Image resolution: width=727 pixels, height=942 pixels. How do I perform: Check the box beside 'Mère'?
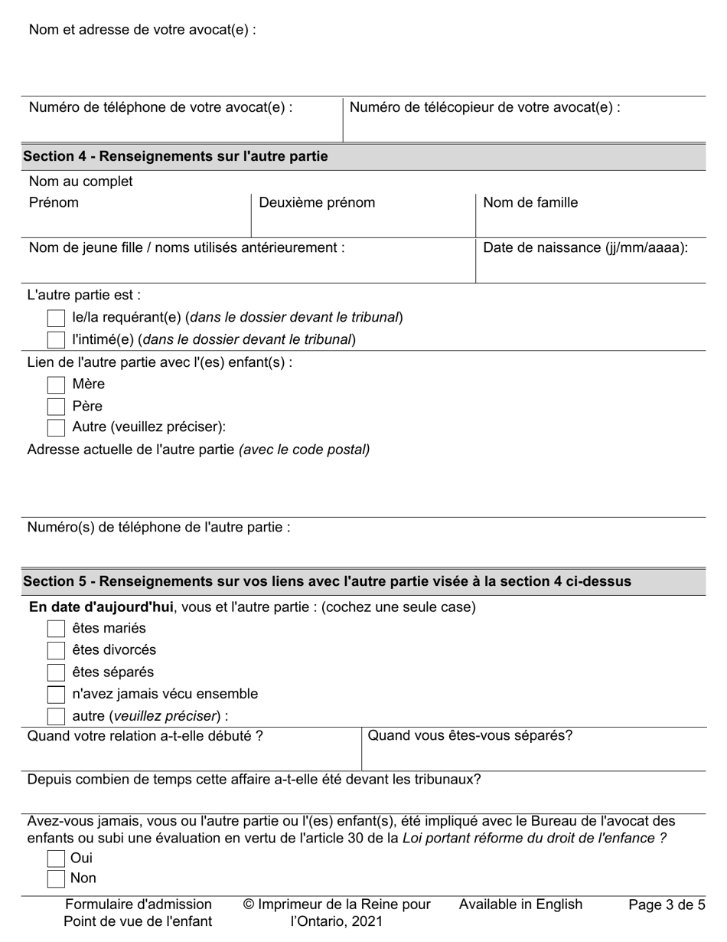56,384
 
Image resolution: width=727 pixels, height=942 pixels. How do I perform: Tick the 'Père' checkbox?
56,407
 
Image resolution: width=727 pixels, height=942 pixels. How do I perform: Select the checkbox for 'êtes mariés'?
56,629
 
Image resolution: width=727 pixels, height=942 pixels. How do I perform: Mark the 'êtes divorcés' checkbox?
56,651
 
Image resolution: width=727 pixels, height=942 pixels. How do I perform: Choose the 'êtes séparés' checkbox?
56,673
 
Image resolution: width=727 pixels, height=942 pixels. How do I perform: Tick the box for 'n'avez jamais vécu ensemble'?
56,695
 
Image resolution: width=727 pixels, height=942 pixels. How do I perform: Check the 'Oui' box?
56,859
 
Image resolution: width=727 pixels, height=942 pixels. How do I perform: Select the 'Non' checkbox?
56,878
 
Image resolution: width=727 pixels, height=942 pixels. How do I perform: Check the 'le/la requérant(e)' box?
56,318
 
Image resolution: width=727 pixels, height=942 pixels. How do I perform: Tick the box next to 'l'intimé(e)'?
56,339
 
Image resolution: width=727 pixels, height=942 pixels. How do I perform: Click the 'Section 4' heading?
175,156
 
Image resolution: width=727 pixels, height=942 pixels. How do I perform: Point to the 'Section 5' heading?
327,581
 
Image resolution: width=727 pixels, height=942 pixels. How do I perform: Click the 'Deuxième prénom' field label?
317,203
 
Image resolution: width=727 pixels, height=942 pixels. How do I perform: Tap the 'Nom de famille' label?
530,203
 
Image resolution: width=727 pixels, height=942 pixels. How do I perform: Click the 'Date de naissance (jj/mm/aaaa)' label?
585,248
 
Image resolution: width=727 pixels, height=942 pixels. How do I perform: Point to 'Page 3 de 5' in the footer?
667,904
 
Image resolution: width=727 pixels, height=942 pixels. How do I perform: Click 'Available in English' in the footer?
520,904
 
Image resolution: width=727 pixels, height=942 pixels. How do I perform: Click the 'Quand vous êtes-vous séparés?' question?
470,736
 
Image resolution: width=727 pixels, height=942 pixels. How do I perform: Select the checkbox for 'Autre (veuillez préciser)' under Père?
56,427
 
